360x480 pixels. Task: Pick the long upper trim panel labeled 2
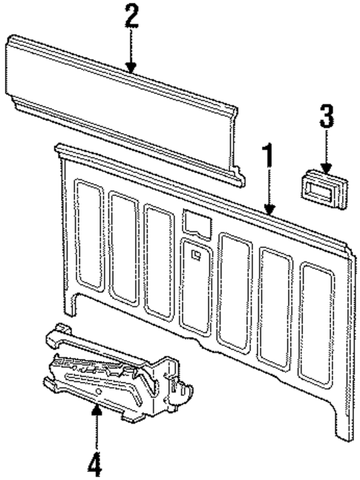(x=119, y=111)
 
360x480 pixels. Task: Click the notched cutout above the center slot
(x=194, y=221)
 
